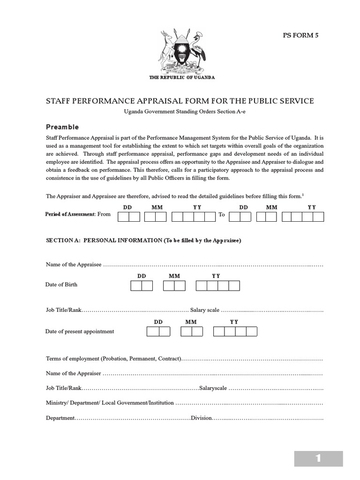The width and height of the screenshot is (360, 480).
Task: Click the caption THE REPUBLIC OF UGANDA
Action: (x=182, y=77)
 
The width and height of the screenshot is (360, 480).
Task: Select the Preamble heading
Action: (x=62, y=127)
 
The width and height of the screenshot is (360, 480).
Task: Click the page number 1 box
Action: (x=318, y=458)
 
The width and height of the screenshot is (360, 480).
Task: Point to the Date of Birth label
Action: (x=61, y=285)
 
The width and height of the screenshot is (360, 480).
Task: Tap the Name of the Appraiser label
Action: (x=74, y=374)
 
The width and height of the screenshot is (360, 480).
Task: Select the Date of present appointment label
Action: (x=80, y=331)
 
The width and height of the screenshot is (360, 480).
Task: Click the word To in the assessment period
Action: (x=222, y=214)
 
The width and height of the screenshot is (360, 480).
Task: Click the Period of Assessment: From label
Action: (x=78, y=214)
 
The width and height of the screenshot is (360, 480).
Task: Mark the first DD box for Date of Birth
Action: (x=136, y=286)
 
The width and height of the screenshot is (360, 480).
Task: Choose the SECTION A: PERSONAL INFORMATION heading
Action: (x=143, y=240)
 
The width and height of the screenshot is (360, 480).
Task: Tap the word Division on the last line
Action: (x=202, y=418)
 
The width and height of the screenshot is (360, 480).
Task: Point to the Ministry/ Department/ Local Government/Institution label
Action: (x=110, y=403)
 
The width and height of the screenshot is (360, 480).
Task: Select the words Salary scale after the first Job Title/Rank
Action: (x=205, y=310)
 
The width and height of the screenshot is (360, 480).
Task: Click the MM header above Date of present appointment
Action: (x=191, y=322)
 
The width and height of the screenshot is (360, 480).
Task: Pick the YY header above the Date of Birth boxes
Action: (x=216, y=276)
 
